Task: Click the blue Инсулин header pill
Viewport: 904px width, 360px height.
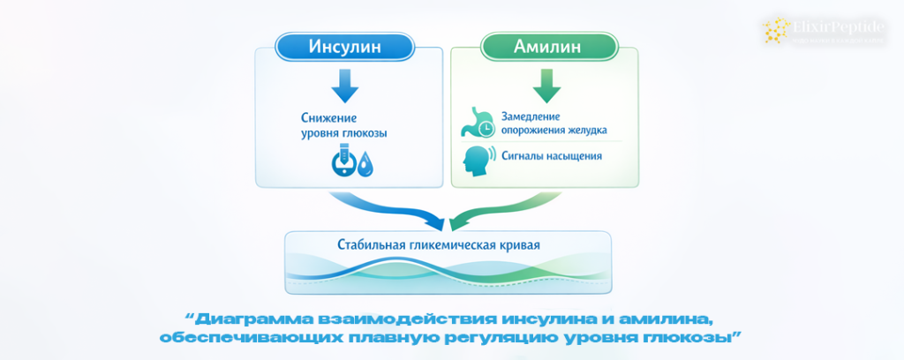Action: (x=345, y=46)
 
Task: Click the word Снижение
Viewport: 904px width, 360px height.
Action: (x=319, y=116)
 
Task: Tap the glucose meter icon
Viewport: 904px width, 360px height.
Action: (x=342, y=162)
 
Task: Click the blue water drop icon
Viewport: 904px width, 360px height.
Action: (x=364, y=165)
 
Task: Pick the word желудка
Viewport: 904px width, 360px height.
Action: (x=584, y=131)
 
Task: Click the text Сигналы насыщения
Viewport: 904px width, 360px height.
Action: (x=552, y=157)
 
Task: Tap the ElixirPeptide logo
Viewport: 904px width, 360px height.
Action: (x=829, y=31)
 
